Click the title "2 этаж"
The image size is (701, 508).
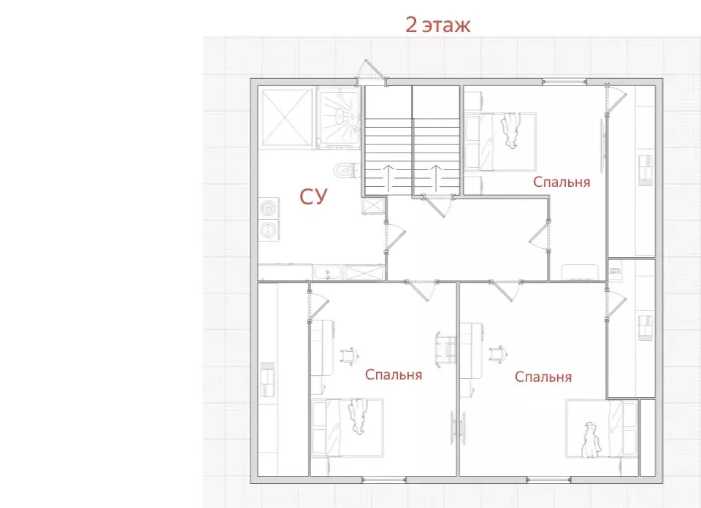pyautogui.click(x=437, y=25)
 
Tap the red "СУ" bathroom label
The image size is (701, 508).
pyautogui.click(x=313, y=196)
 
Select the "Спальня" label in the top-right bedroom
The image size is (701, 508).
pyautogui.click(x=562, y=182)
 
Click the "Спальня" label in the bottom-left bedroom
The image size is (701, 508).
pyautogui.click(x=394, y=374)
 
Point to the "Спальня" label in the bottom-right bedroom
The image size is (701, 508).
pyautogui.click(x=543, y=377)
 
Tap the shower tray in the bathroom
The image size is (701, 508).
pyautogui.click(x=338, y=118)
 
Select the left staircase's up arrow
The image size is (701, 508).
pyautogui.click(x=388, y=177)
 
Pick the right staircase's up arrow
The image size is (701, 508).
pyautogui.click(x=436, y=177)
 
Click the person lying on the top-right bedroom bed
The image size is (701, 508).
pyautogui.click(x=511, y=130)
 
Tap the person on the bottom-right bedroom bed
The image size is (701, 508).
pyautogui.click(x=591, y=439)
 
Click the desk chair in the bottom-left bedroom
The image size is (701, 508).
pyautogui.click(x=350, y=355)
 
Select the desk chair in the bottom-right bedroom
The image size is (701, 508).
pyautogui.click(x=498, y=354)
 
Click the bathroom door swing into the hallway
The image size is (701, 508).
pyautogui.click(x=394, y=236)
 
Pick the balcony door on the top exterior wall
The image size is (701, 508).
pyautogui.click(x=372, y=72)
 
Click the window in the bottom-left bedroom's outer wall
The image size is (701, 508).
pyautogui.click(x=383, y=480)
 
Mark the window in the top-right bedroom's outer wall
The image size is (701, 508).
pyautogui.click(x=564, y=81)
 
